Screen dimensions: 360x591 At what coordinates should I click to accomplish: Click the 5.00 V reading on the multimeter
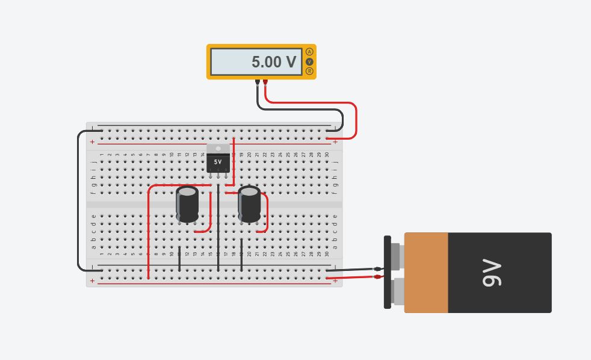(273, 62)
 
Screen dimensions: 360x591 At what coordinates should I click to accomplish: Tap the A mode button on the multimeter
(310, 52)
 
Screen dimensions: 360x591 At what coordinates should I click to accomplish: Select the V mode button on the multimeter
(310, 61)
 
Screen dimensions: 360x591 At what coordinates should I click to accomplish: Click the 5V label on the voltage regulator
(218, 162)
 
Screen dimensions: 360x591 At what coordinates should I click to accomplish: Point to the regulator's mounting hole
(218, 149)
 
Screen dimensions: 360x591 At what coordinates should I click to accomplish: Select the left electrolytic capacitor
(187, 205)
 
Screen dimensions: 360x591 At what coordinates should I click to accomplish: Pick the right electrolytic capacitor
(250, 205)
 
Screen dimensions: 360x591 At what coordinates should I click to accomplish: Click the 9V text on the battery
(492, 273)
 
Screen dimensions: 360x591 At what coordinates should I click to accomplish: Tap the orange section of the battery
(426, 273)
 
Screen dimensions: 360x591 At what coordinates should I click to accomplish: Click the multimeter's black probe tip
(258, 81)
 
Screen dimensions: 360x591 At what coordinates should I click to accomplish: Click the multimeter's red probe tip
(265, 81)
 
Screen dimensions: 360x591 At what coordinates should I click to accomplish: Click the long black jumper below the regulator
(218, 229)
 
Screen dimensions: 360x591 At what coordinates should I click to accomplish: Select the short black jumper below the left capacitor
(179, 258)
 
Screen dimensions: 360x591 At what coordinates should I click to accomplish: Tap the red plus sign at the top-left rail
(92, 142)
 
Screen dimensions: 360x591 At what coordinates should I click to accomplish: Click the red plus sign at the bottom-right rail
(335, 281)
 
